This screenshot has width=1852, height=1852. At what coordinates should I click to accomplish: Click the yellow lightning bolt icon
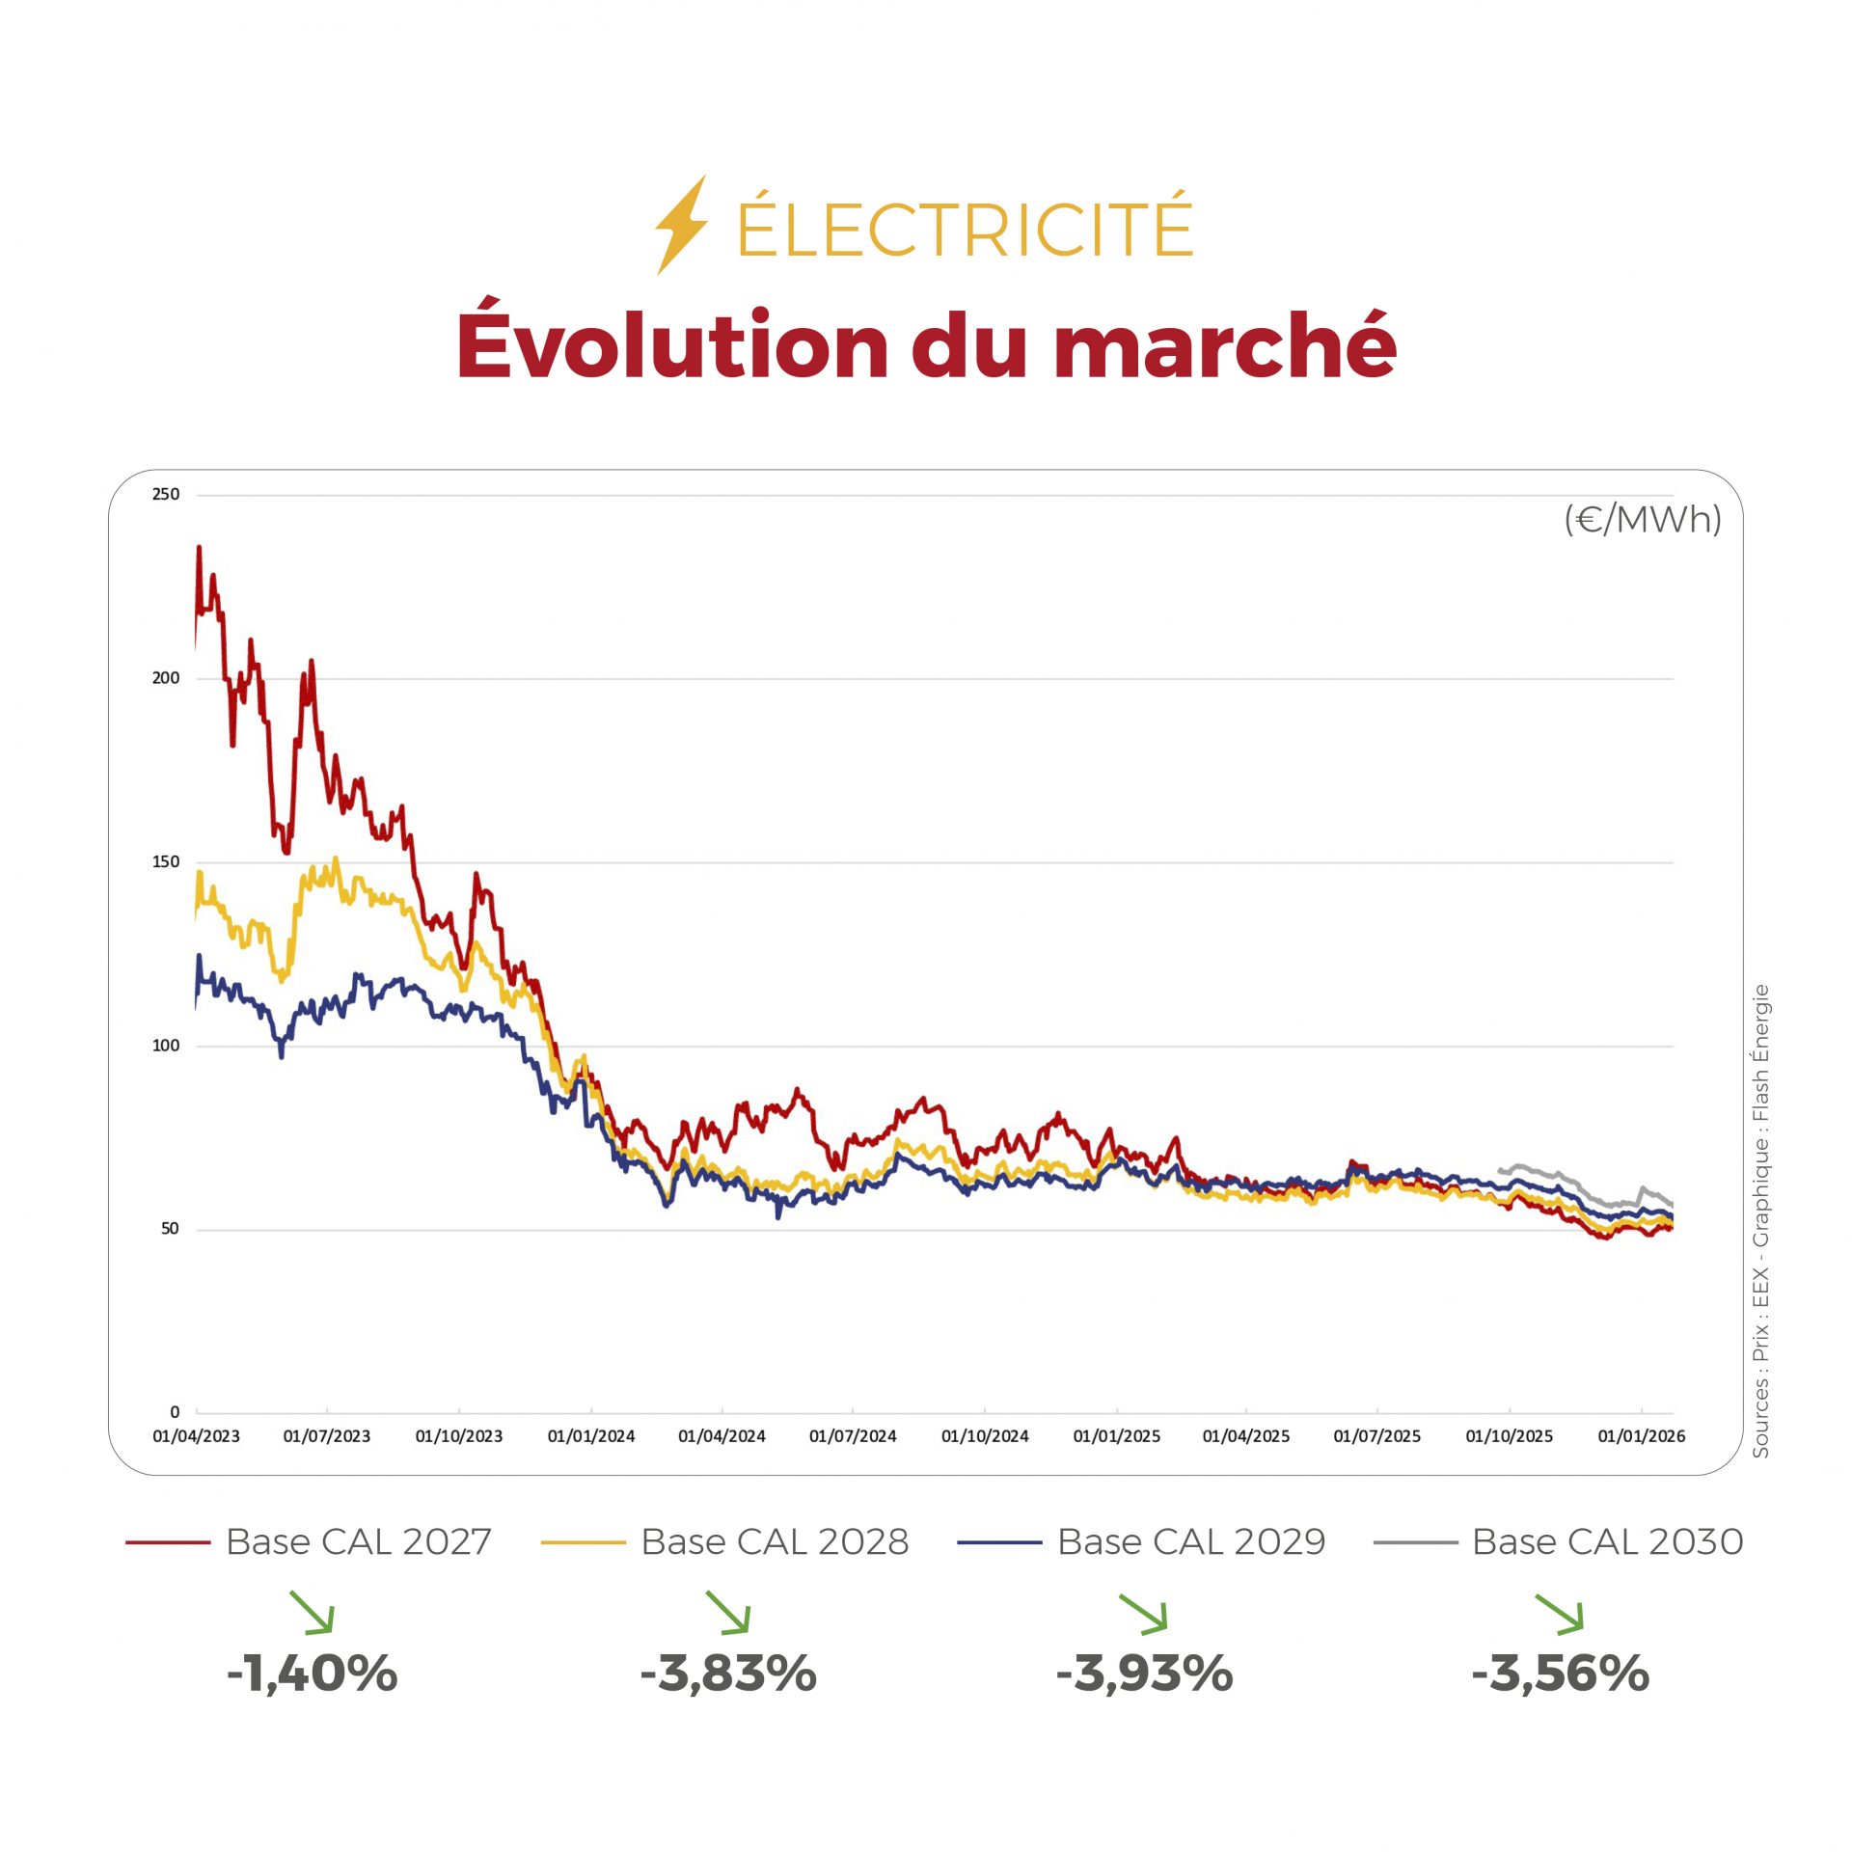pos(681,225)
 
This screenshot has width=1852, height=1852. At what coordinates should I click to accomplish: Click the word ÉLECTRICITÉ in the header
pos(965,228)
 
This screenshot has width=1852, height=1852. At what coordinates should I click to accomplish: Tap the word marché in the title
pos(1225,345)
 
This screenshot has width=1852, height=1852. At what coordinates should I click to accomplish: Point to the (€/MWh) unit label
pos(1642,519)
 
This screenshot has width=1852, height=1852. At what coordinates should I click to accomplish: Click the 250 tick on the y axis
pos(166,494)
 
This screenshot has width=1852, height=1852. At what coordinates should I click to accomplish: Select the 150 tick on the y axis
pos(166,861)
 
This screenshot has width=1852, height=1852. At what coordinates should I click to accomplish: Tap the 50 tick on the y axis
pos(170,1228)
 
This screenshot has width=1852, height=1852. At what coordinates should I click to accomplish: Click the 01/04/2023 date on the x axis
pos(196,1435)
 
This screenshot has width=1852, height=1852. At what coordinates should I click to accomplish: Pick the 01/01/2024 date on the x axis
pos(590,1435)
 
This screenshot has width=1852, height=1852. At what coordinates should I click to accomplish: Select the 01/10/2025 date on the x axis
pos(1509,1435)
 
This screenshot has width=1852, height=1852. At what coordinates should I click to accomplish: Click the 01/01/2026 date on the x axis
pos(1641,1435)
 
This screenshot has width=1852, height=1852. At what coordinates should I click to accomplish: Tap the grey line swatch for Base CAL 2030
pos(1415,1542)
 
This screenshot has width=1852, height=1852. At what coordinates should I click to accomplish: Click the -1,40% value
pos(312,1674)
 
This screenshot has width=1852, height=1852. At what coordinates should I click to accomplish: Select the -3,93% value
pos(1144,1674)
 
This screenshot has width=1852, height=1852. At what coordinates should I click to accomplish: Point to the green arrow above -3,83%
pos(728,1612)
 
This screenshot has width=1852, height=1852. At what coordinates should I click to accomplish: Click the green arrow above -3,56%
pos(1560,1613)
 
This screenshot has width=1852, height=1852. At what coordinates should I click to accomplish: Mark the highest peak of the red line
pos(199,548)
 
